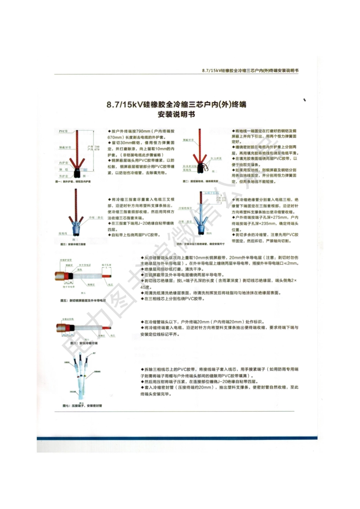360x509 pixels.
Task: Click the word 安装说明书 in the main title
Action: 176,114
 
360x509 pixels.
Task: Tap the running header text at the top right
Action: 250,70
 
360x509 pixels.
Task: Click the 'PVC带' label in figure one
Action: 63,131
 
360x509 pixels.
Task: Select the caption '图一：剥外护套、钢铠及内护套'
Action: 73,182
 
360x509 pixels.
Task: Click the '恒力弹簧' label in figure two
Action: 216,158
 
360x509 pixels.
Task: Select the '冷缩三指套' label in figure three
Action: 96,218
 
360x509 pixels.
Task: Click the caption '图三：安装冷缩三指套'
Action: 73,245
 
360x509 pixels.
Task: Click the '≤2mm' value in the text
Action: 292,263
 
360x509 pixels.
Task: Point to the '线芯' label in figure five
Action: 110,284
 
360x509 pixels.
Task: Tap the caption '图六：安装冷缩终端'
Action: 84,343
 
